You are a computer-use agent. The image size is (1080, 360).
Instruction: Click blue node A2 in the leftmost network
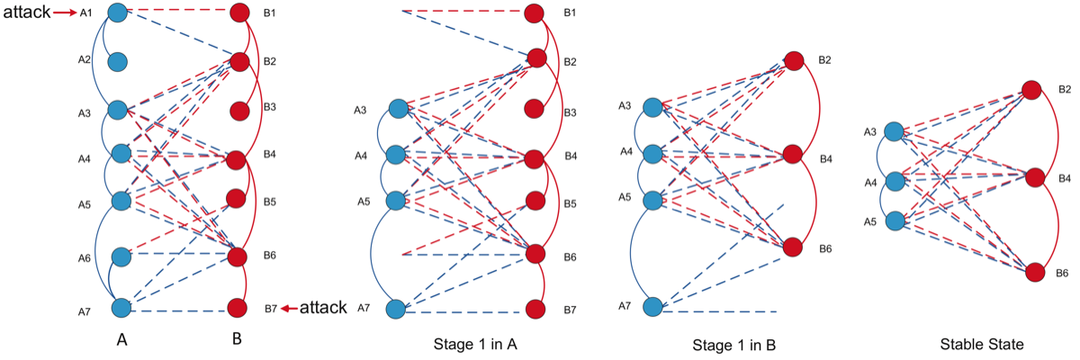click(119, 62)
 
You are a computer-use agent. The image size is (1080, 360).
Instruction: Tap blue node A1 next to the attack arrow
click(118, 13)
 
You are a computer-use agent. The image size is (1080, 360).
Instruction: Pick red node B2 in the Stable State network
click(1031, 90)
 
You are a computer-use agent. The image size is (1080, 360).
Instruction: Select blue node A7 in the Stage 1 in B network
click(654, 308)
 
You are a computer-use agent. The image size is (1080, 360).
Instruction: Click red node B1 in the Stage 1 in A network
click(534, 13)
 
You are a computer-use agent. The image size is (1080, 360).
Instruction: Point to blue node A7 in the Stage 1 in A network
click(396, 309)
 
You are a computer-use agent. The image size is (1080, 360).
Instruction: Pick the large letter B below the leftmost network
click(237, 339)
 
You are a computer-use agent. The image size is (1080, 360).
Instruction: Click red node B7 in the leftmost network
click(238, 308)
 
